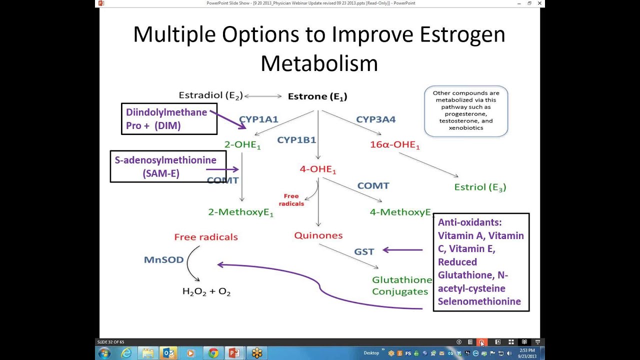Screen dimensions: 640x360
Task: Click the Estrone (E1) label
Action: (x=317, y=96)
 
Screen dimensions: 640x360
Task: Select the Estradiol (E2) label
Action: (x=211, y=95)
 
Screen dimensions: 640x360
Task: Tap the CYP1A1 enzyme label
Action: (x=258, y=119)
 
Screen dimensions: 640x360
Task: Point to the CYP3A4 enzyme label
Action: (x=375, y=119)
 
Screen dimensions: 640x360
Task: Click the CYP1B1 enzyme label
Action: (x=296, y=139)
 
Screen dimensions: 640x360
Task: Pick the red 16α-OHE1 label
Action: (x=395, y=145)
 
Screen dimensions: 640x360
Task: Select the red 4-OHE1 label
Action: (x=318, y=169)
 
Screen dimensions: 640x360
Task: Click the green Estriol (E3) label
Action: (x=480, y=187)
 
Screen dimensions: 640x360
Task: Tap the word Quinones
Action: (x=318, y=235)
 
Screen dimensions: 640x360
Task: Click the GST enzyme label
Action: (x=364, y=251)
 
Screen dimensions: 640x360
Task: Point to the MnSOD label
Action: (x=163, y=259)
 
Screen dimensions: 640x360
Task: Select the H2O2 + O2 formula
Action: (x=206, y=291)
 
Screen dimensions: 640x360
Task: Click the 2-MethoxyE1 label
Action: (x=241, y=212)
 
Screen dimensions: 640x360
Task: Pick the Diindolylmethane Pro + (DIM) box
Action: (x=169, y=119)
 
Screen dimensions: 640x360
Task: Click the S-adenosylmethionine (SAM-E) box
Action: (x=168, y=166)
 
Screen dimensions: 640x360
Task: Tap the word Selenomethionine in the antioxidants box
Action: (x=479, y=301)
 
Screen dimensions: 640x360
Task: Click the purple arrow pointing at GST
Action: (x=402, y=250)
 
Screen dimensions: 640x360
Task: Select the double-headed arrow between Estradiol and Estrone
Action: (x=263, y=96)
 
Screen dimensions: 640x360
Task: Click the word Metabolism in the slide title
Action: (x=319, y=63)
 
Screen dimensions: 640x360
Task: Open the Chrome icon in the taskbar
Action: (x=213, y=353)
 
